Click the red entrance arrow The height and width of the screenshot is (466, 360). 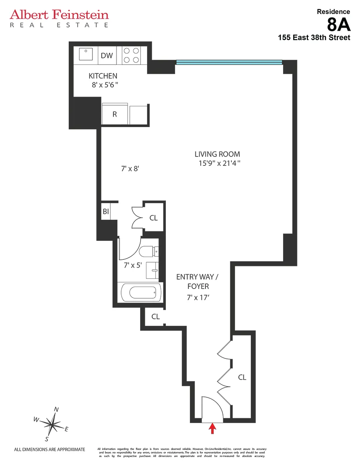[x=212, y=428]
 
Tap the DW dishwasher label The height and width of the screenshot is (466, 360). [x=107, y=56]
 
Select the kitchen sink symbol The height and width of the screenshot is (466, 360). [x=86, y=55]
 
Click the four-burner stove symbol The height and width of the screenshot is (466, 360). [x=132, y=55]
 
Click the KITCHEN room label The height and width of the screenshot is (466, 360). [x=103, y=76]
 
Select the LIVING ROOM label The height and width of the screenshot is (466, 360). [x=217, y=154]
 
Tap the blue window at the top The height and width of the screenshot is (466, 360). [x=229, y=62]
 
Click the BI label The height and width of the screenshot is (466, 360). [x=106, y=212]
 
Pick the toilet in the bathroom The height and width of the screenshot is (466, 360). [x=149, y=252]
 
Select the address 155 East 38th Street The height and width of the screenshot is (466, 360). [x=314, y=38]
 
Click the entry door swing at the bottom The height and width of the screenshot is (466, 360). [x=212, y=409]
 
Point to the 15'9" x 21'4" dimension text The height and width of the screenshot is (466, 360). [x=220, y=163]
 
